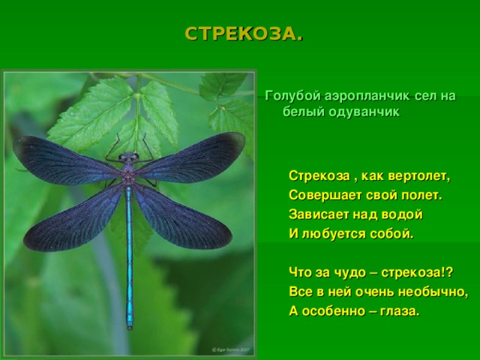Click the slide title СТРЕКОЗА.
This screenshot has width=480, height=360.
(x=244, y=34)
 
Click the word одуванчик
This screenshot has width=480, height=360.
(x=361, y=112)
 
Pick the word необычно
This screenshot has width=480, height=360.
(x=436, y=291)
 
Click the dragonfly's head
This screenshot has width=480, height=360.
(x=129, y=157)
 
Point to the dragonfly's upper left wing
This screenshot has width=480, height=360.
(x=64, y=160)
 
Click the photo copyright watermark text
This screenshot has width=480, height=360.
(x=229, y=349)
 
